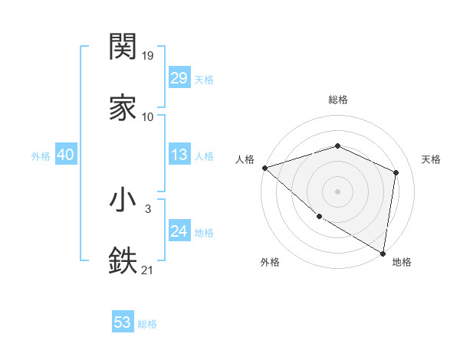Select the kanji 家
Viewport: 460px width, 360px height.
tap(123, 108)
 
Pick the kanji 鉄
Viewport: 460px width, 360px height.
tap(123, 261)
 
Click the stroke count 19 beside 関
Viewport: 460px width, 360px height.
tap(148, 56)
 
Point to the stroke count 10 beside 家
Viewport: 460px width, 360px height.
tap(148, 117)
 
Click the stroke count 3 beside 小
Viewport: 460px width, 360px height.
tap(148, 209)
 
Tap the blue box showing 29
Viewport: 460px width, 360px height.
tap(179, 78)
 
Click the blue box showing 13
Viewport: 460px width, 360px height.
tap(179, 155)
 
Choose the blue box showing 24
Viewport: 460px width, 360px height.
tap(179, 231)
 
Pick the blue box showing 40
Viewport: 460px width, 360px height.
tap(66, 155)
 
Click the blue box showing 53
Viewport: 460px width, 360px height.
tap(123, 322)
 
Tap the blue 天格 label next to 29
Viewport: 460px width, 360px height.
tap(204, 80)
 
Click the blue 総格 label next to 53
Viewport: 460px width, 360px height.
tap(147, 324)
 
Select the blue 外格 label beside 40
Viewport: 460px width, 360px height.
tap(41, 156)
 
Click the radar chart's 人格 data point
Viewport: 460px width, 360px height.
tap(264, 168)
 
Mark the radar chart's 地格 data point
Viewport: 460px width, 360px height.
tap(383, 253)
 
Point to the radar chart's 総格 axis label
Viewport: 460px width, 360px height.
tap(338, 100)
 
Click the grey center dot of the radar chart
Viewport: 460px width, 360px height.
tap(337, 191)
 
